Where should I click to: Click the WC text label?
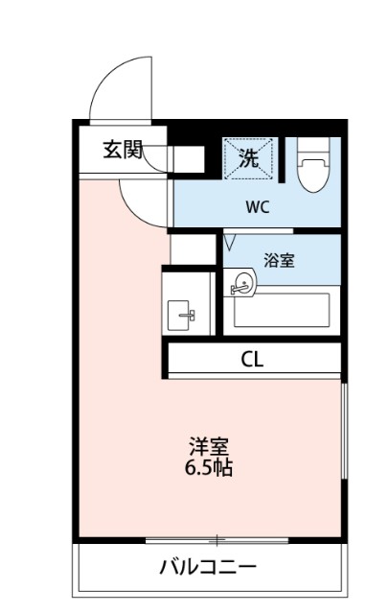(256, 205)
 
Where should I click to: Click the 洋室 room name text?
(208, 448)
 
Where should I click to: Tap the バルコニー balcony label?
(208, 567)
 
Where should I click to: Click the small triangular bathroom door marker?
(230, 243)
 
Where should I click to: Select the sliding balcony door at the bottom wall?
(217, 540)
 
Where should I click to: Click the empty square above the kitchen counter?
(190, 248)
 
